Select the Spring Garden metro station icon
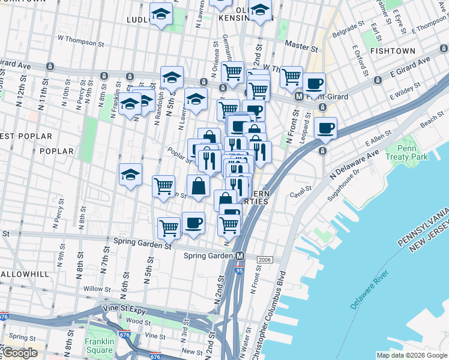pyautogui.click(x=240, y=256)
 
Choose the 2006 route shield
pyautogui.click(x=265, y=259)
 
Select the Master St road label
pyautogui.click(x=301, y=46)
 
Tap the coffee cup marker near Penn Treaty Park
pyautogui.click(x=325, y=127)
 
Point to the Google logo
pyautogui.click(x=19, y=353)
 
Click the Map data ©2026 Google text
pyautogui.click(x=412, y=355)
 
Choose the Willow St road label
pyautogui.click(x=94, y=289)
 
